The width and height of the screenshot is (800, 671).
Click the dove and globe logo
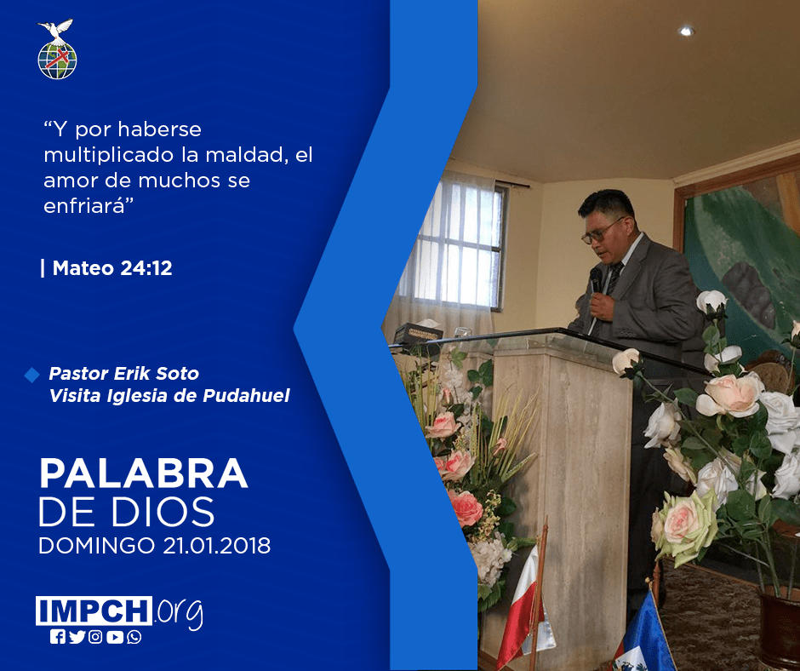(57, 49)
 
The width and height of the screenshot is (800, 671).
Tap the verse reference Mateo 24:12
(112, 268)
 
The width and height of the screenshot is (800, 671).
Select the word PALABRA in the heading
(143, 474)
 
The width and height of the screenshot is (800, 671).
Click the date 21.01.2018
(217, 545)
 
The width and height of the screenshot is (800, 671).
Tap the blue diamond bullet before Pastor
(31, 375)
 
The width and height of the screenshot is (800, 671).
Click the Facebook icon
(57, 637)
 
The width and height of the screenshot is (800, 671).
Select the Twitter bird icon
(77, 637)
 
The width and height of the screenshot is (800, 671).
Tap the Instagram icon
(95, 637)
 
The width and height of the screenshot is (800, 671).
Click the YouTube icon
(115, 637)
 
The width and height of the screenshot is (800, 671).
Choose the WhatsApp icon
(134, 637)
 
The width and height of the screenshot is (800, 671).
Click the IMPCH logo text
(94, 611)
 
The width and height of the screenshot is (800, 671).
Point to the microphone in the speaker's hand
(596, 281)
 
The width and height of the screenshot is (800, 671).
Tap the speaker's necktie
(611, 286)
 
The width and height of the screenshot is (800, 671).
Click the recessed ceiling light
(686, 32)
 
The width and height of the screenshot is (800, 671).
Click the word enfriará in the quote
(89, 206)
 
